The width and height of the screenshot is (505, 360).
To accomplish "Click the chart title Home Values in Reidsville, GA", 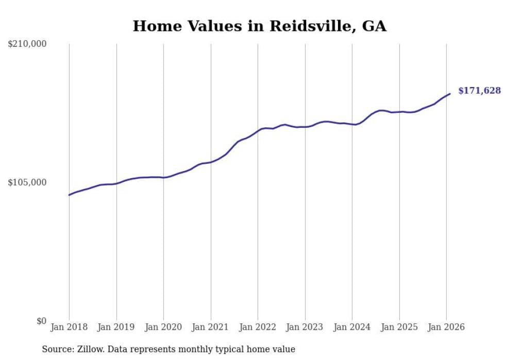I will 259,26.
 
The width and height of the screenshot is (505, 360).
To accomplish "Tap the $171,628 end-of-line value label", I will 479,91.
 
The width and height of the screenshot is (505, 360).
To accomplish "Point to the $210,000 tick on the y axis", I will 27,44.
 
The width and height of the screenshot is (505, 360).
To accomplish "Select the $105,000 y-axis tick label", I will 27,182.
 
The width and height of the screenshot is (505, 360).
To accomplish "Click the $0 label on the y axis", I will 41,321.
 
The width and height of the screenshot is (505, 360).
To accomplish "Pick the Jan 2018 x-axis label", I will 69,328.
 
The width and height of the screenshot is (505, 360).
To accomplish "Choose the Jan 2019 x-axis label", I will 116,328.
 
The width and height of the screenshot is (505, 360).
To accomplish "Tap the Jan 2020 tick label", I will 163,328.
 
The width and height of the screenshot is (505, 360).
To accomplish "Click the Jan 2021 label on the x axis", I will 211,328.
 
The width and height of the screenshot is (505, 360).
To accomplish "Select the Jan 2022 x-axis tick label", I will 258,328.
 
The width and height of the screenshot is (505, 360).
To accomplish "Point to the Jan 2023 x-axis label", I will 305,328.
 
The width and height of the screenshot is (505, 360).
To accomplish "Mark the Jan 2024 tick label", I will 352,328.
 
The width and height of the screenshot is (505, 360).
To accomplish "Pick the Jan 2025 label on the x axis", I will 399,328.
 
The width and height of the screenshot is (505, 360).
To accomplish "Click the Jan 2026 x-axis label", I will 446,328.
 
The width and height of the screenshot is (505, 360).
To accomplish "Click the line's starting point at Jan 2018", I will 69,195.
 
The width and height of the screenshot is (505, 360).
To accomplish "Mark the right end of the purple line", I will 450,94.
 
